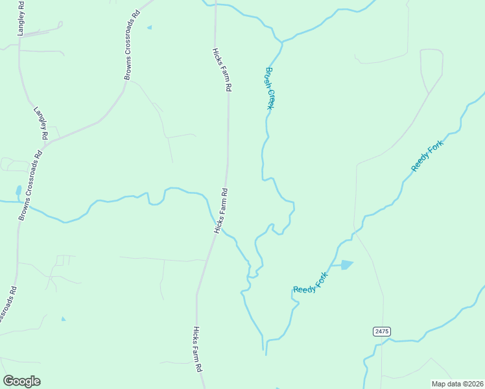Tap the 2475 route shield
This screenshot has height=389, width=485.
coord(382,331)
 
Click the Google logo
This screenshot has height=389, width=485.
coord(21,381)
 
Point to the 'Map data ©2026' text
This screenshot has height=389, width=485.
coord(457,384)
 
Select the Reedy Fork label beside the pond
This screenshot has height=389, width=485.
coord(311,283)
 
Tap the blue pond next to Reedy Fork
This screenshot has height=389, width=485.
coord(344,265)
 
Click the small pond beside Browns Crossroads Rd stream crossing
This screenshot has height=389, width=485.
coord(18,191)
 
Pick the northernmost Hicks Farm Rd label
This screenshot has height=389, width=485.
coord(222,69)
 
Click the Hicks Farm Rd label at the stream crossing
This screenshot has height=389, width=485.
coord(221,211)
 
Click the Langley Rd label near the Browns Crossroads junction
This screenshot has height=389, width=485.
coord(41,123)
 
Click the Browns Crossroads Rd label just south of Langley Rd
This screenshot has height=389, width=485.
coord(30,185)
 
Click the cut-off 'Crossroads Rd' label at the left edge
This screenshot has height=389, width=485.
coord(6,305)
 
